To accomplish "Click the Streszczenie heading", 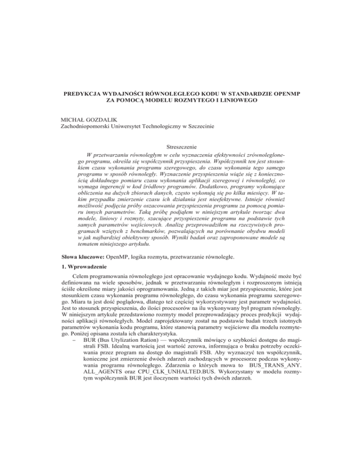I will click(x=180, y=147).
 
